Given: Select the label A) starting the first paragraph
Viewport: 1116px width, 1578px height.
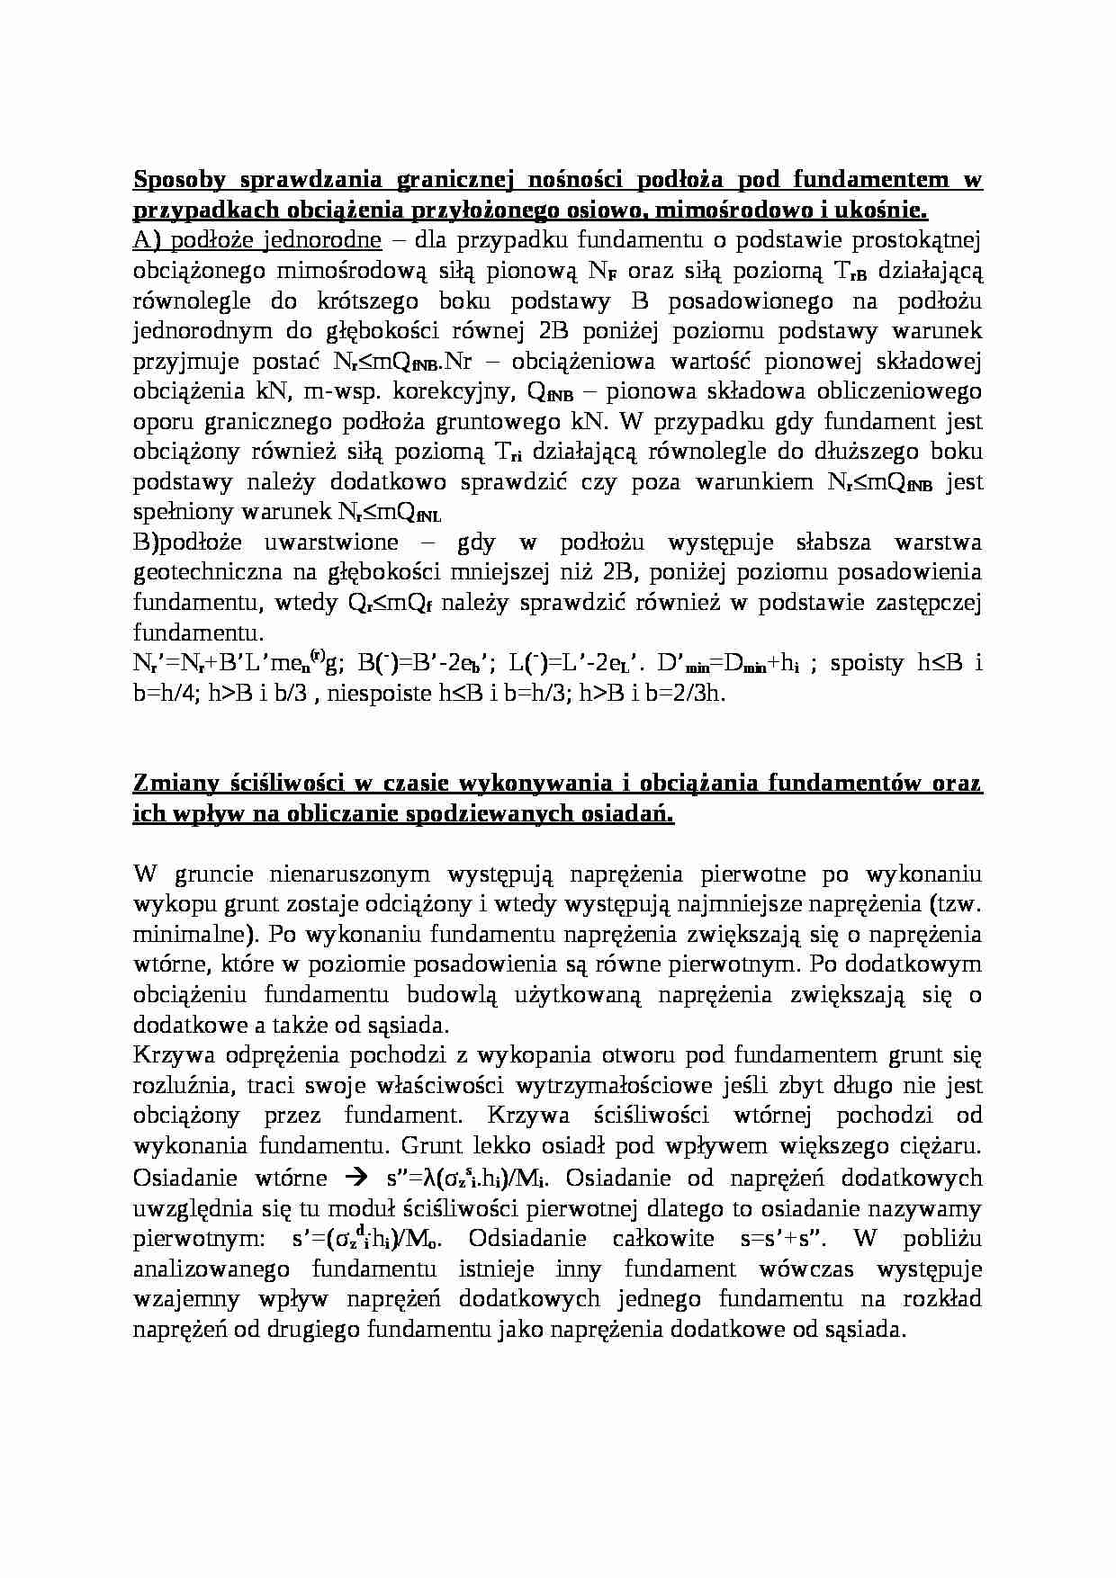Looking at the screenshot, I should click(148, 240).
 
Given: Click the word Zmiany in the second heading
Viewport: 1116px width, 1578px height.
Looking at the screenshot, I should click(173, 784).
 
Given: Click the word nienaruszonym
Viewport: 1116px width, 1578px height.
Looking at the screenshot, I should click(346, 874).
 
